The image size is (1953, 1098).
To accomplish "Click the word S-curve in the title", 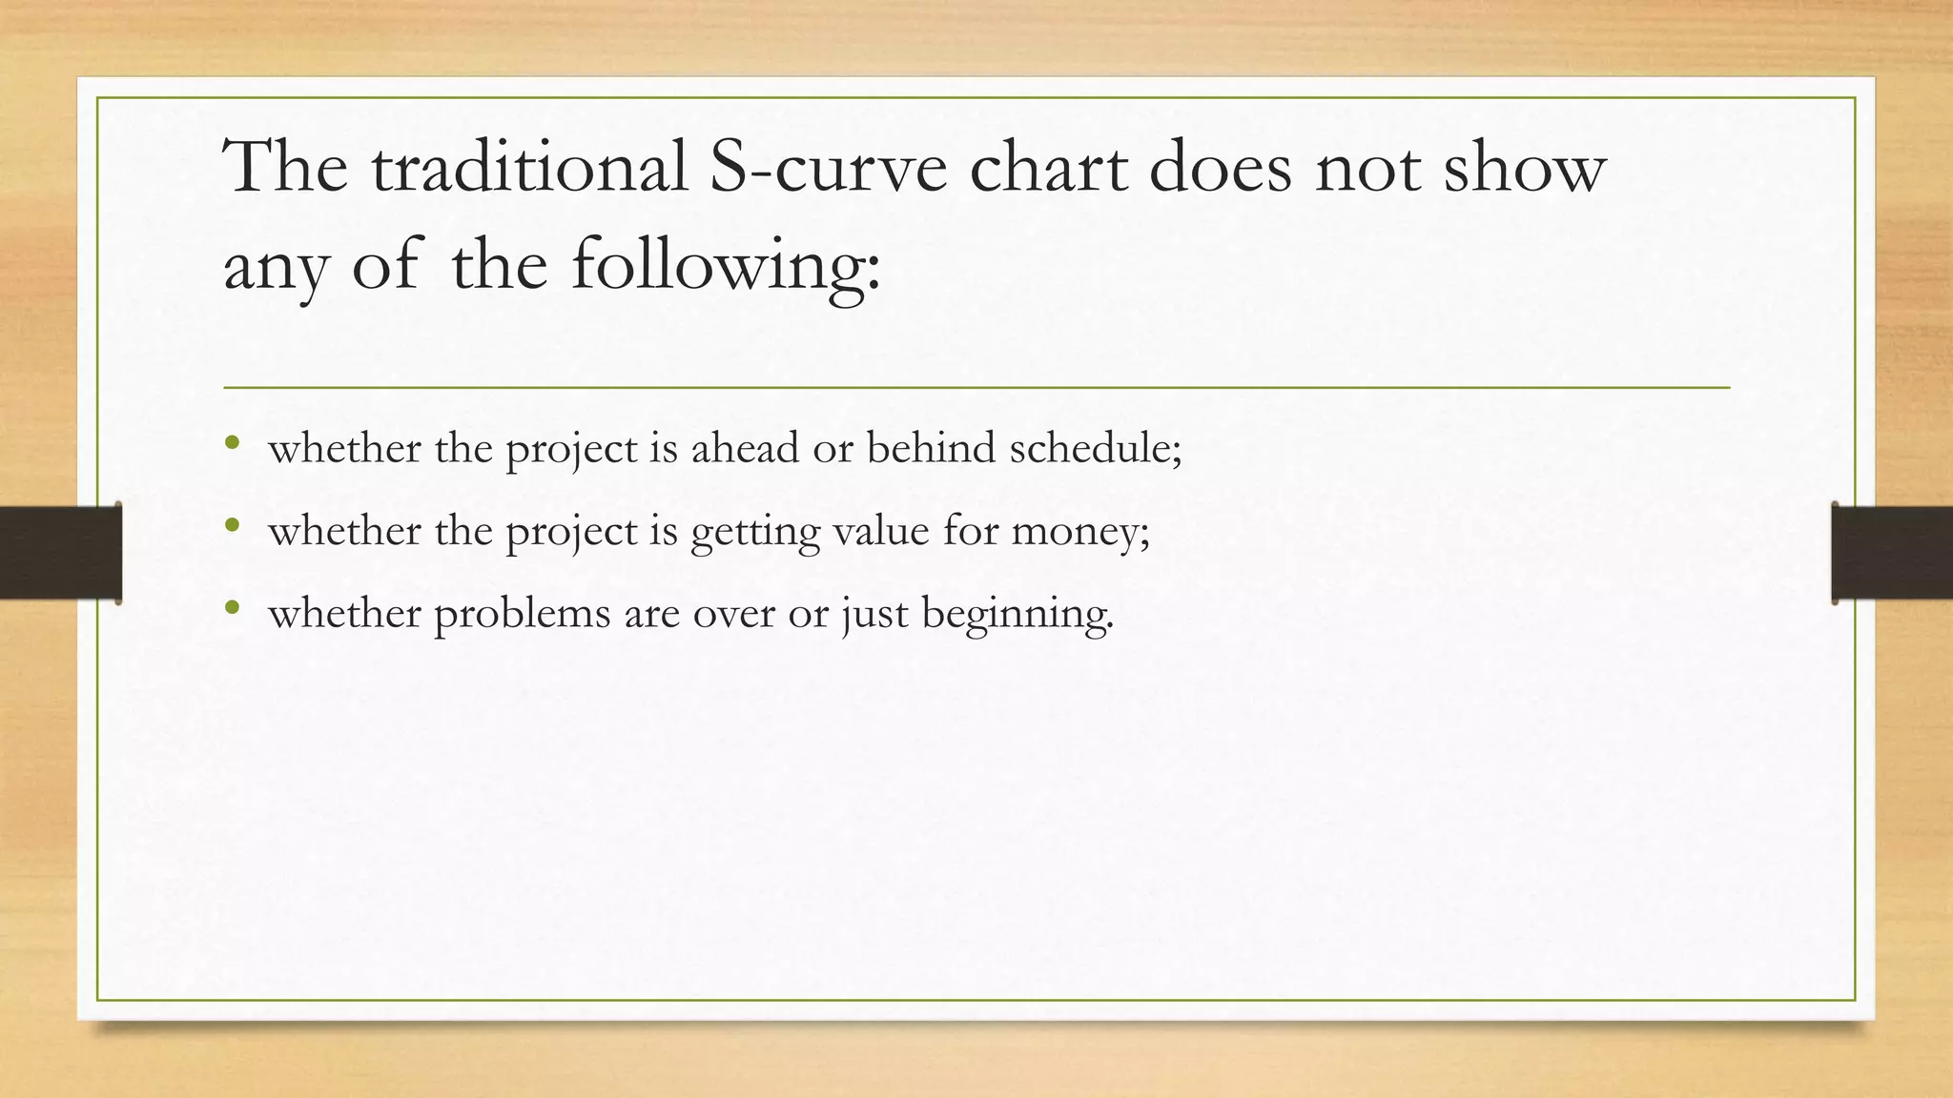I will [829, 168].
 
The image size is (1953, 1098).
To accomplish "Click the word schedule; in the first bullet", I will [1096, 448].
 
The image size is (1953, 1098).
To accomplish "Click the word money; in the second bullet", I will [1080, 530].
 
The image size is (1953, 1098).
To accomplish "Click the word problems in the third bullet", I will [522, 613].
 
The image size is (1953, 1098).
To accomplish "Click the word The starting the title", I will [285, 168].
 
